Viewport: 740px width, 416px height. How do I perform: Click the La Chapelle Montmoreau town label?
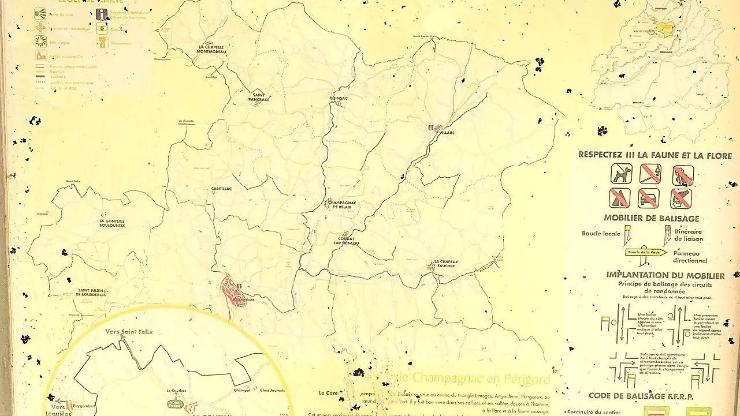coord(211,49)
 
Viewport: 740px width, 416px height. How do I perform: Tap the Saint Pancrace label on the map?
coord(259,98)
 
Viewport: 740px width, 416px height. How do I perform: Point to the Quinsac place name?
coord(338,98)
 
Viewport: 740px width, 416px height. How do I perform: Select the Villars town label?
coord(447,133)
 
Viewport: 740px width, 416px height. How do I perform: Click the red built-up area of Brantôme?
coord(234,291)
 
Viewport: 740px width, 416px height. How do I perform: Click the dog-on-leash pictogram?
coord(622,173)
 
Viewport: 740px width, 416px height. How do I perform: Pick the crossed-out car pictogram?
coord(649,198)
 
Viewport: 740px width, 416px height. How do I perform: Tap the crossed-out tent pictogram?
coord(619,198)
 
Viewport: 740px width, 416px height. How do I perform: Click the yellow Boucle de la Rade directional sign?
coord(645,252)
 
